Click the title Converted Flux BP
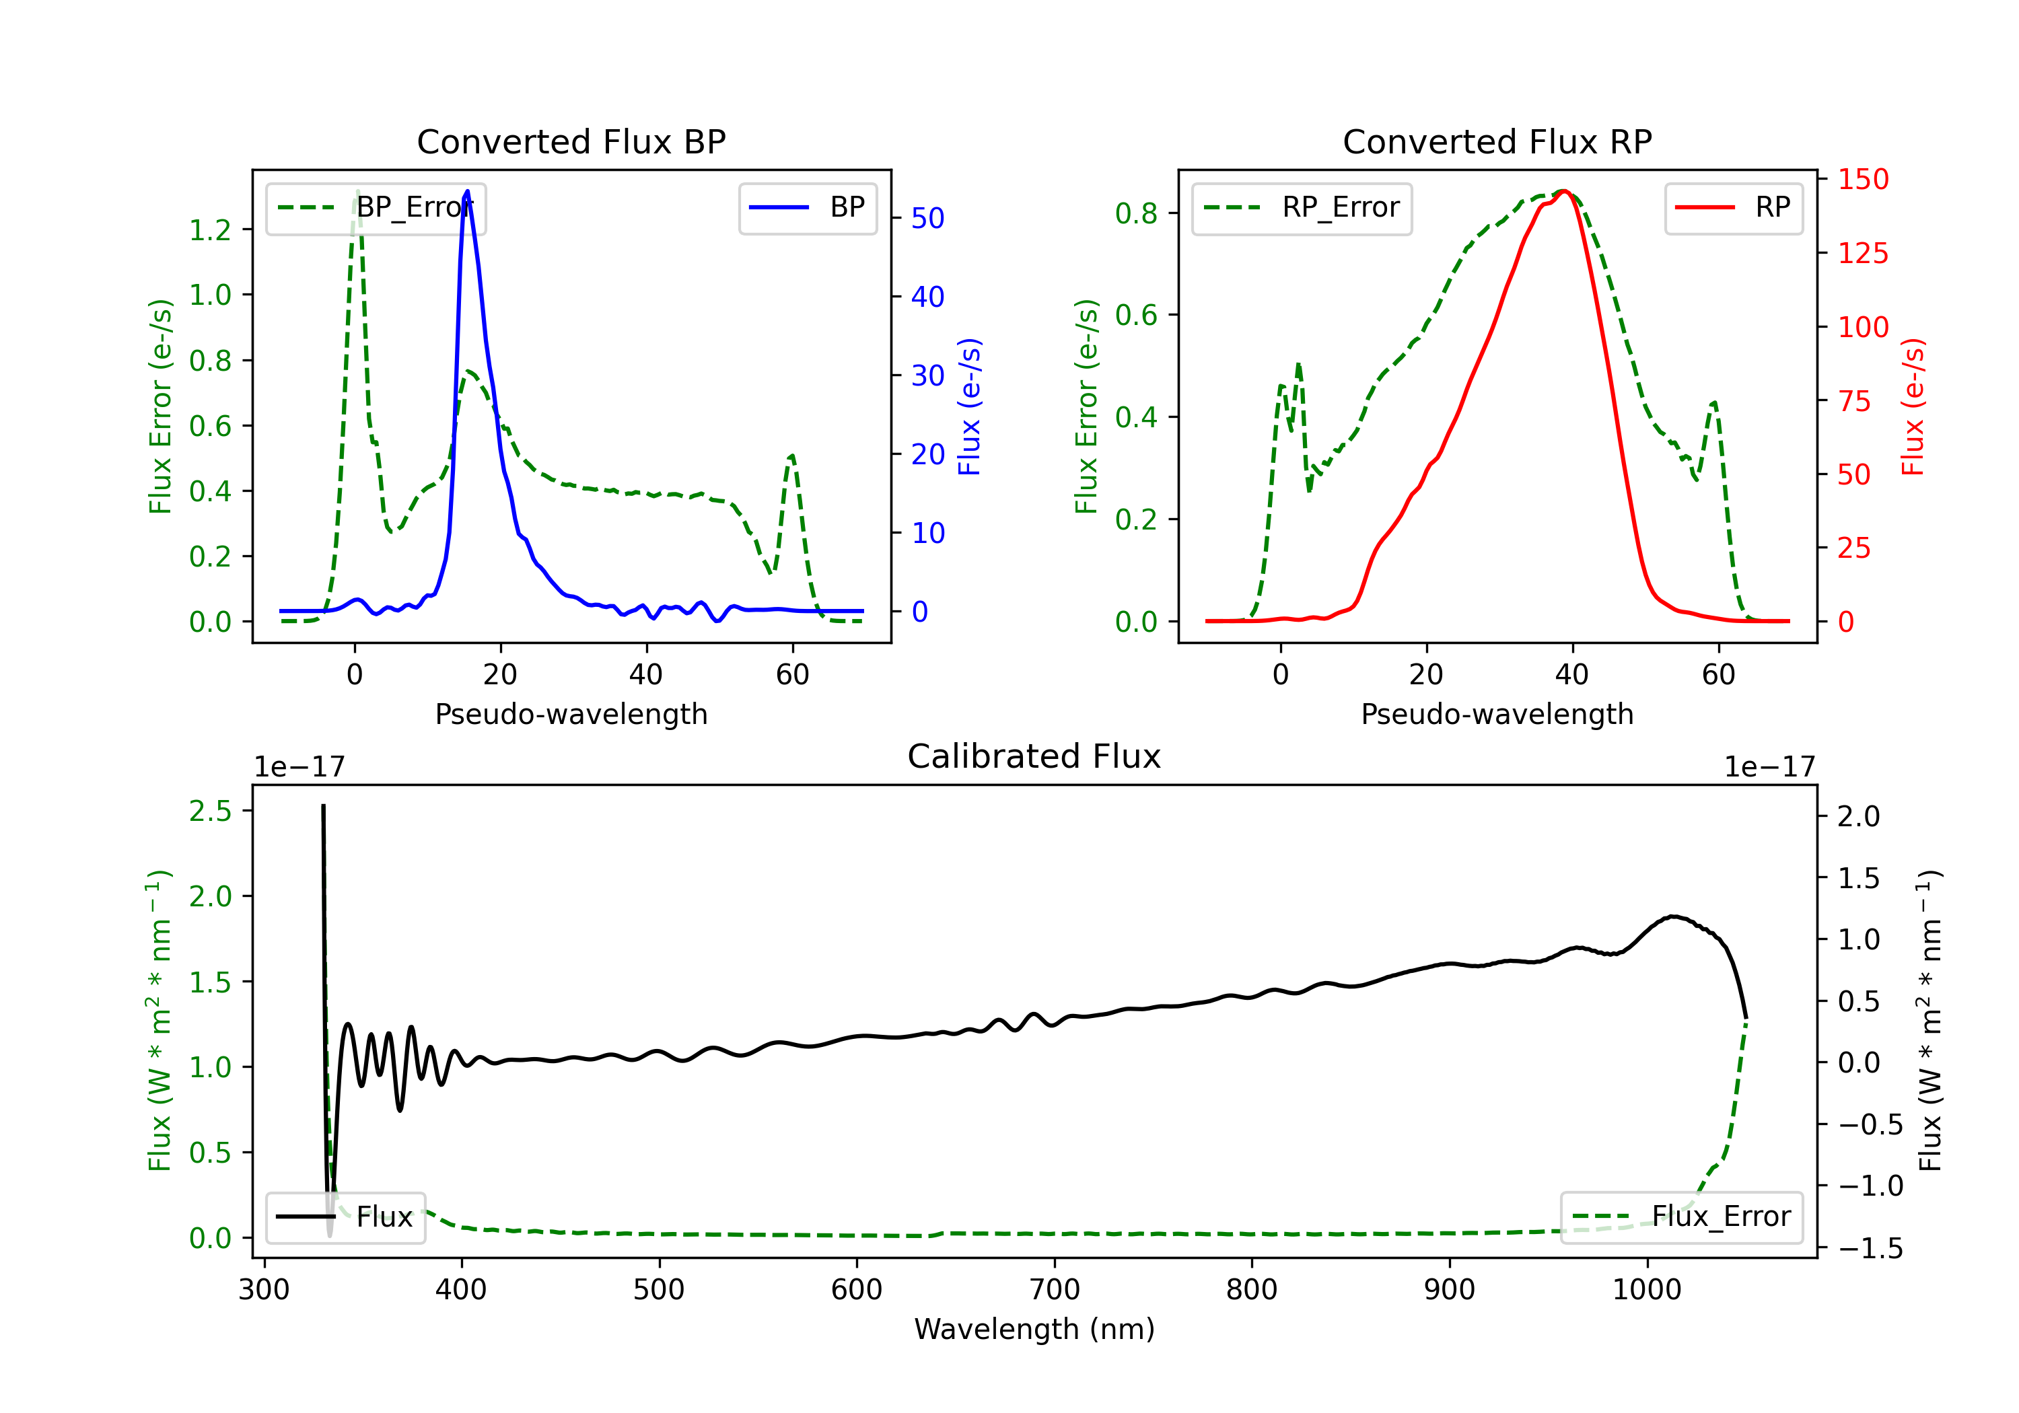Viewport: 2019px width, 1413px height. click(571, 141)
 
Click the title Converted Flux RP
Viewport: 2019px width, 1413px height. click(1497, 141)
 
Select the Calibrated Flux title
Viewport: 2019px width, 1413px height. click(1034, 756)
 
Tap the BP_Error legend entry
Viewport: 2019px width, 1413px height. click(376, 207)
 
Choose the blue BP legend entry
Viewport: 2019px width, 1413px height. click(807, 207)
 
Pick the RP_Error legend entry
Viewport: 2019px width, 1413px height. click(1302, 207)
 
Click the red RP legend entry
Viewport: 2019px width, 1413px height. click(1733, 207)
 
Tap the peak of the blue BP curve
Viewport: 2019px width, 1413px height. click(467, 191)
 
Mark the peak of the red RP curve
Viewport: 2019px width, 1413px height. click(1563, 191)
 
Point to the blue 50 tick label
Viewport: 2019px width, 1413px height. click(927, 218)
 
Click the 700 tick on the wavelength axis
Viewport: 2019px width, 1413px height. click(1055, 1290)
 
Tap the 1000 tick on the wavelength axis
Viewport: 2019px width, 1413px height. click(1647, 1290)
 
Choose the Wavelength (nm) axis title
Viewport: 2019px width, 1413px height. click(1034, 1329)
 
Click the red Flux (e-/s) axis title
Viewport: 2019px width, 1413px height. click(1913, 406)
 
